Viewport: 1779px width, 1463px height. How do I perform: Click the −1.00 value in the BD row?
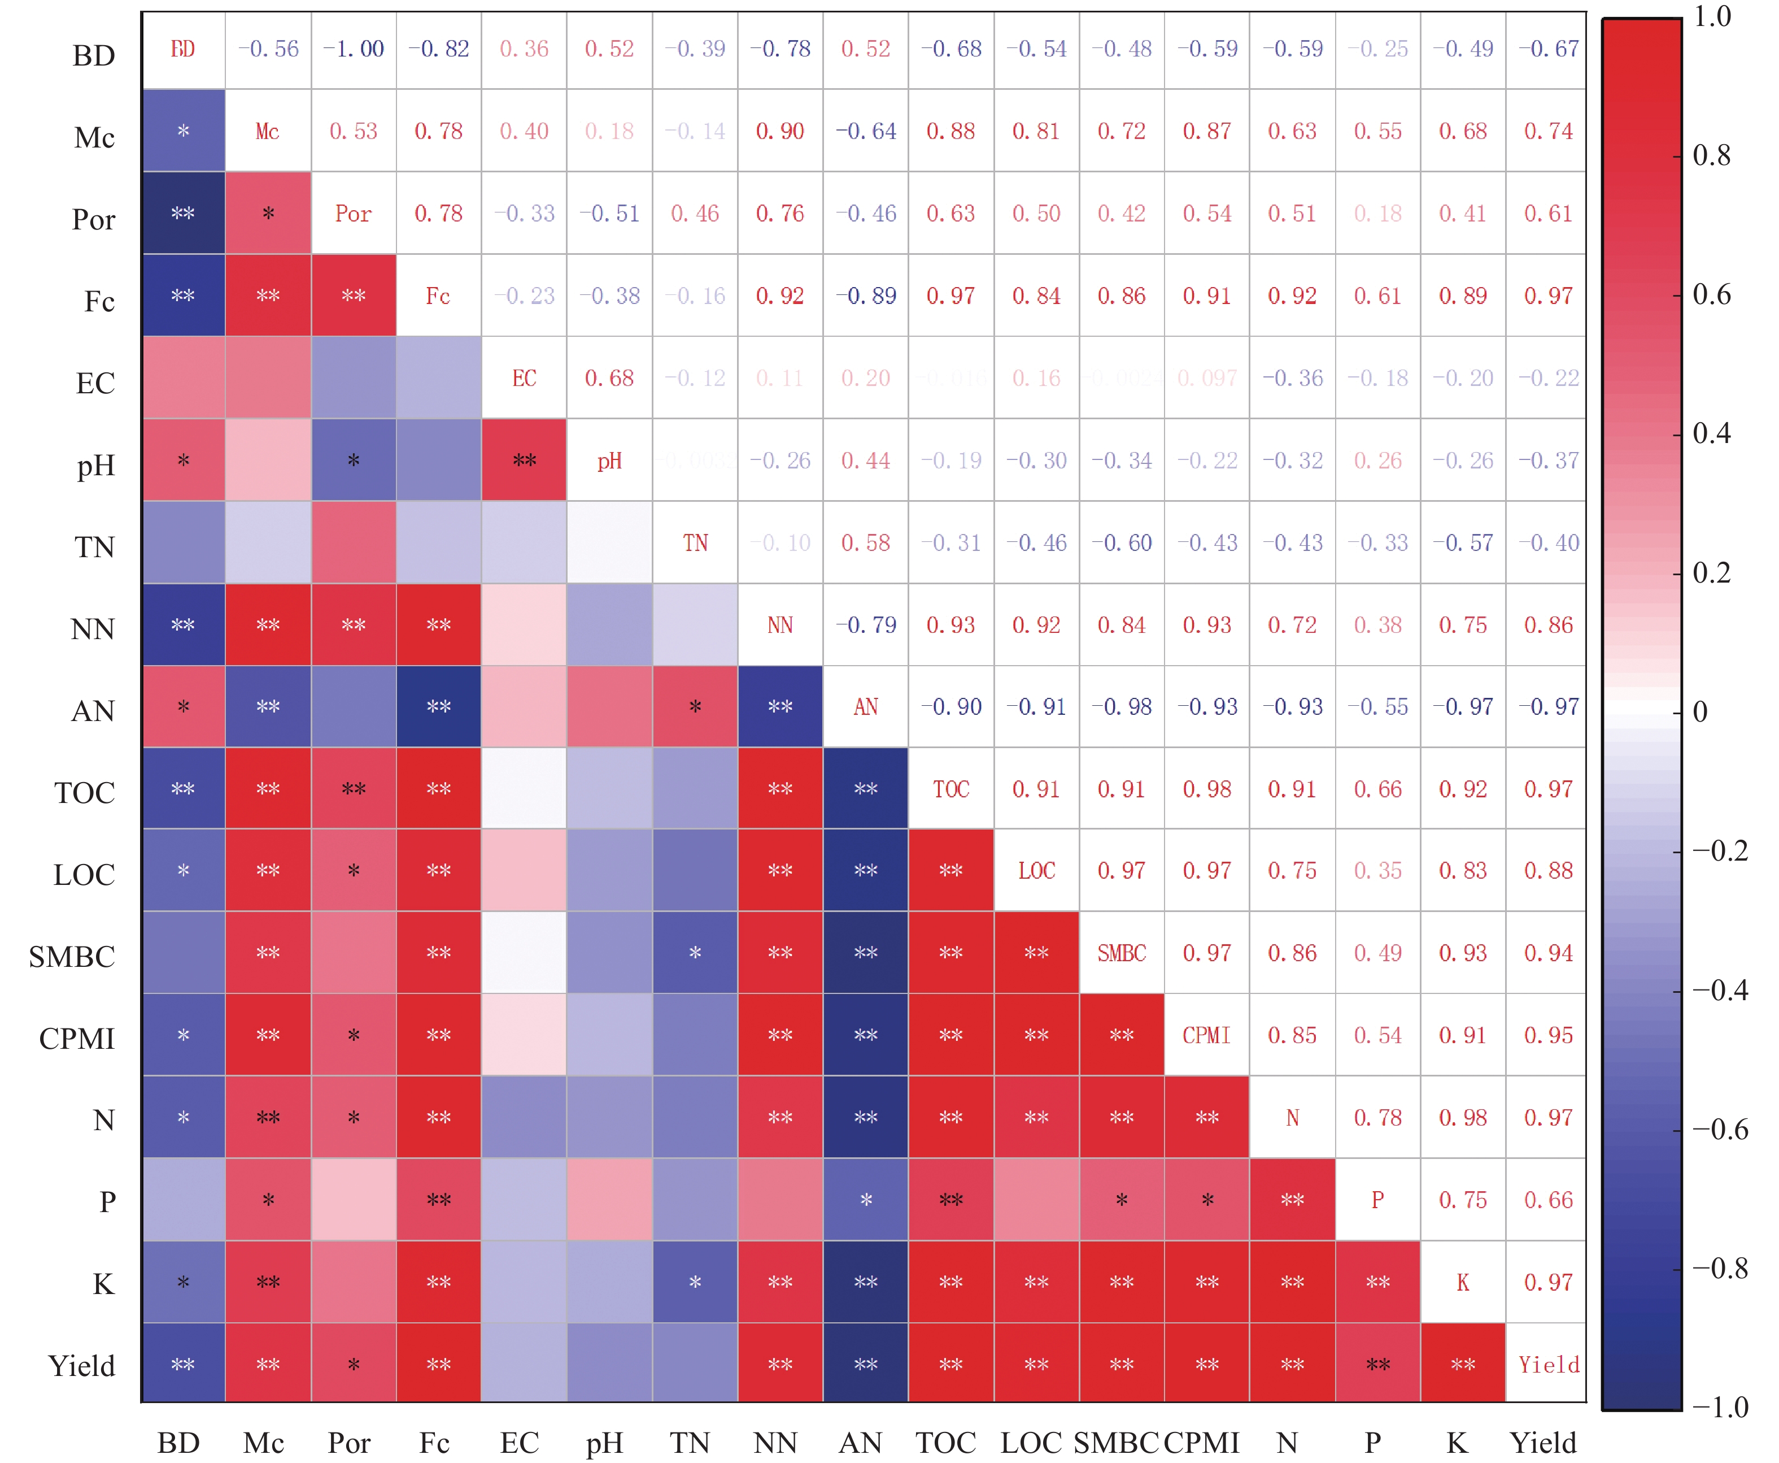click(x=354, y=49)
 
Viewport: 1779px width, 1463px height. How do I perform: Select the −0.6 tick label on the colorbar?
click(x=1720, y=1129)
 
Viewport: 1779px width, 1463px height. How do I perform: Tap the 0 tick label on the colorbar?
click(x=1700, y=712)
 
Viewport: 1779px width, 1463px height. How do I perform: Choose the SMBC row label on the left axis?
click(x=72, y=957)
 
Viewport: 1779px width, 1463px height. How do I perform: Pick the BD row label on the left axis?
click(x=94, y=55)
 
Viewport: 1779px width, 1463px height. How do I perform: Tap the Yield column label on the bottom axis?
click(x=1543, y=1443)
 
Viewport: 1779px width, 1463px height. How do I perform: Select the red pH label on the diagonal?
click(x=610, y=461)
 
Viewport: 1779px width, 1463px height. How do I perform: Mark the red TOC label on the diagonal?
click(x=951, y=789)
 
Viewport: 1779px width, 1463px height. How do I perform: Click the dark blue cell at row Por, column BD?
click(x=184, y=213)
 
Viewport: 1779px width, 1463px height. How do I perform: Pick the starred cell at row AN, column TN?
click(x=695, y=707)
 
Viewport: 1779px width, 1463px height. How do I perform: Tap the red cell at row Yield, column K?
click(x=1463, y=1365)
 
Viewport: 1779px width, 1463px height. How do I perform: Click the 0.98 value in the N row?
click(x=1463, y=1118)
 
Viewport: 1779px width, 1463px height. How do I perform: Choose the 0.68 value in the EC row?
click(x=610, y=379)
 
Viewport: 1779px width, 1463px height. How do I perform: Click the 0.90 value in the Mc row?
click(x=780, y=132)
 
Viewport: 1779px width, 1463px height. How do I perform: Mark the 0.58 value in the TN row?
click(x=866, y=542)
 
